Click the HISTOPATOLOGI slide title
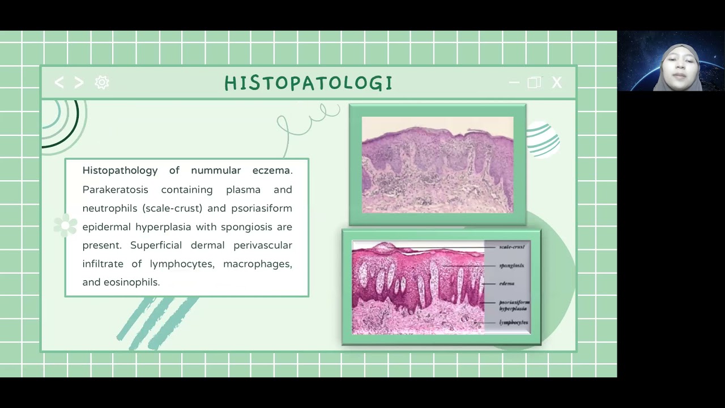[308, 83]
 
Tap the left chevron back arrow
[59, 83]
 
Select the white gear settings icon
[102, 83]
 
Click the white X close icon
[557, 83]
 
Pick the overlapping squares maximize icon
[534, 83]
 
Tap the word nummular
[216, 171]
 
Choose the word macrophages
[257, 264]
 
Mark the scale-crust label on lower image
[512, 247]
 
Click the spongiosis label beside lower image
[511, 265]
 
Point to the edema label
[506, 283]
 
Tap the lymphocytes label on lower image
[514, 322]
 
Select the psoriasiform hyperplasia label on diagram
[513, 305]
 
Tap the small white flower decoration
[65, 226]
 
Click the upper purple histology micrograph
[437, 165]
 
